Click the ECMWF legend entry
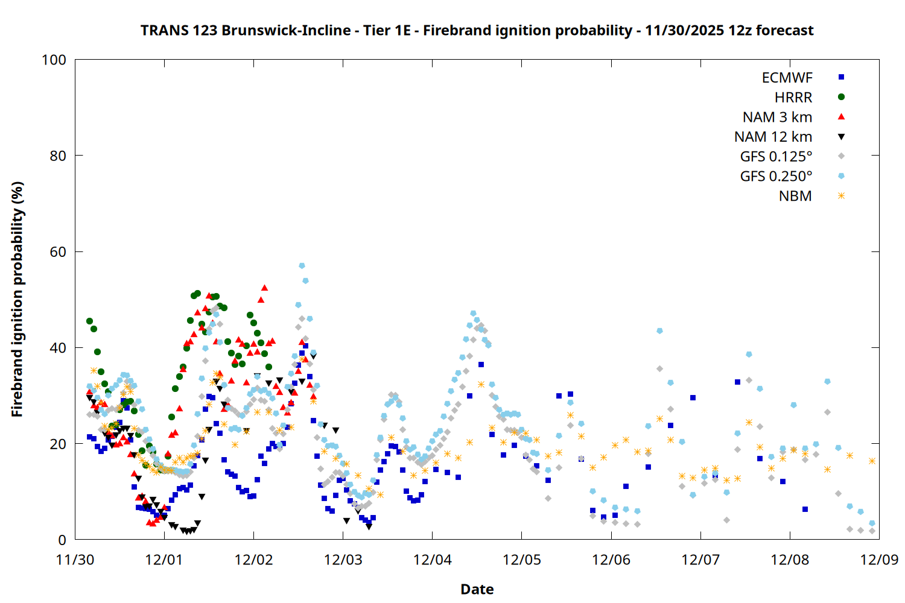[787, 78]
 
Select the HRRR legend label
[793, 98]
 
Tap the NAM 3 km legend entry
[777, 118]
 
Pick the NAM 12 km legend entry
[773, 137]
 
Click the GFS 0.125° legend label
[776, 157]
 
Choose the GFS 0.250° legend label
[776, 177]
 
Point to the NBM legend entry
[795, 197]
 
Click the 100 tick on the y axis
[54, 60]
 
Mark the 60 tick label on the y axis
[58, 252]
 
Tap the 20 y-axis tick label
[58, 444]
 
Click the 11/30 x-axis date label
[75, 560]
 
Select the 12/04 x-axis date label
[433, 560]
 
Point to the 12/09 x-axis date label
[879, 560]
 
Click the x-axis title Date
[477, 589]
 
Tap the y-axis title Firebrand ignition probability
[17, 299]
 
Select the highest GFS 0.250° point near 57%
[302, 266]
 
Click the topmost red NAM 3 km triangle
[264, 288]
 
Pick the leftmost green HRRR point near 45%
[89, 321]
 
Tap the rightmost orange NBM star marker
[872, 461]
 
